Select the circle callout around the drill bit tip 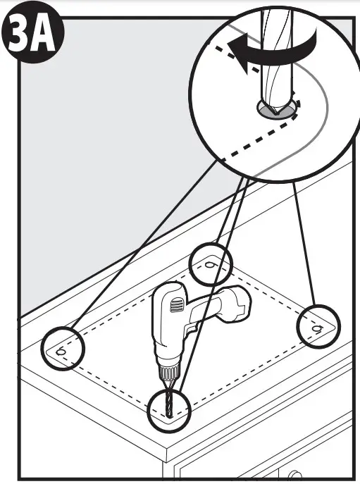coord(170,409)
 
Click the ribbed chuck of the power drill coord(167,371)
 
